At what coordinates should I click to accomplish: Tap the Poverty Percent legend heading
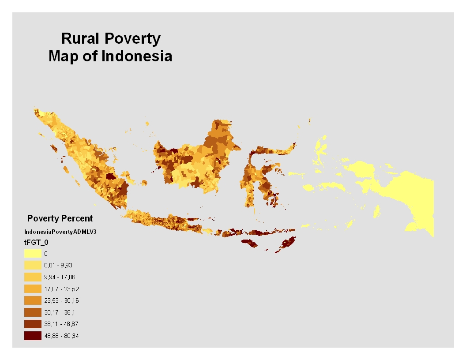pos(60,218)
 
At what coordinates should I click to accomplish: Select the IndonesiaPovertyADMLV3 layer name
pos(60,232)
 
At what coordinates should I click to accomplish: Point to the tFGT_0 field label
pos(36,242)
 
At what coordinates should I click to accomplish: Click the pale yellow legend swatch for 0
pos(33,253)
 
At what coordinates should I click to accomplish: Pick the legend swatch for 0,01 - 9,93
pos(33,265)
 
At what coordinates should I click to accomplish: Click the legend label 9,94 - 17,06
pos(60,277)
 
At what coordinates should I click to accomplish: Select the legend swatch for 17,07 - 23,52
pos(33,289)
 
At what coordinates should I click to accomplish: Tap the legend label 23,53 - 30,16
pos(61,300)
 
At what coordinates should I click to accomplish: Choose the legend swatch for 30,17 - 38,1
pos(33,312)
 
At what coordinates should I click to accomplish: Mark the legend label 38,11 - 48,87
pos(61,324)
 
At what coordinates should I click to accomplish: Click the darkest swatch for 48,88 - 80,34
pos(33,336)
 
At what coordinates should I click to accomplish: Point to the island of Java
pos(163,221)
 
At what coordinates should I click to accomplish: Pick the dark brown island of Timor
pos(286,244)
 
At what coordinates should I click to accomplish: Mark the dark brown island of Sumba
pos(250,243)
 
